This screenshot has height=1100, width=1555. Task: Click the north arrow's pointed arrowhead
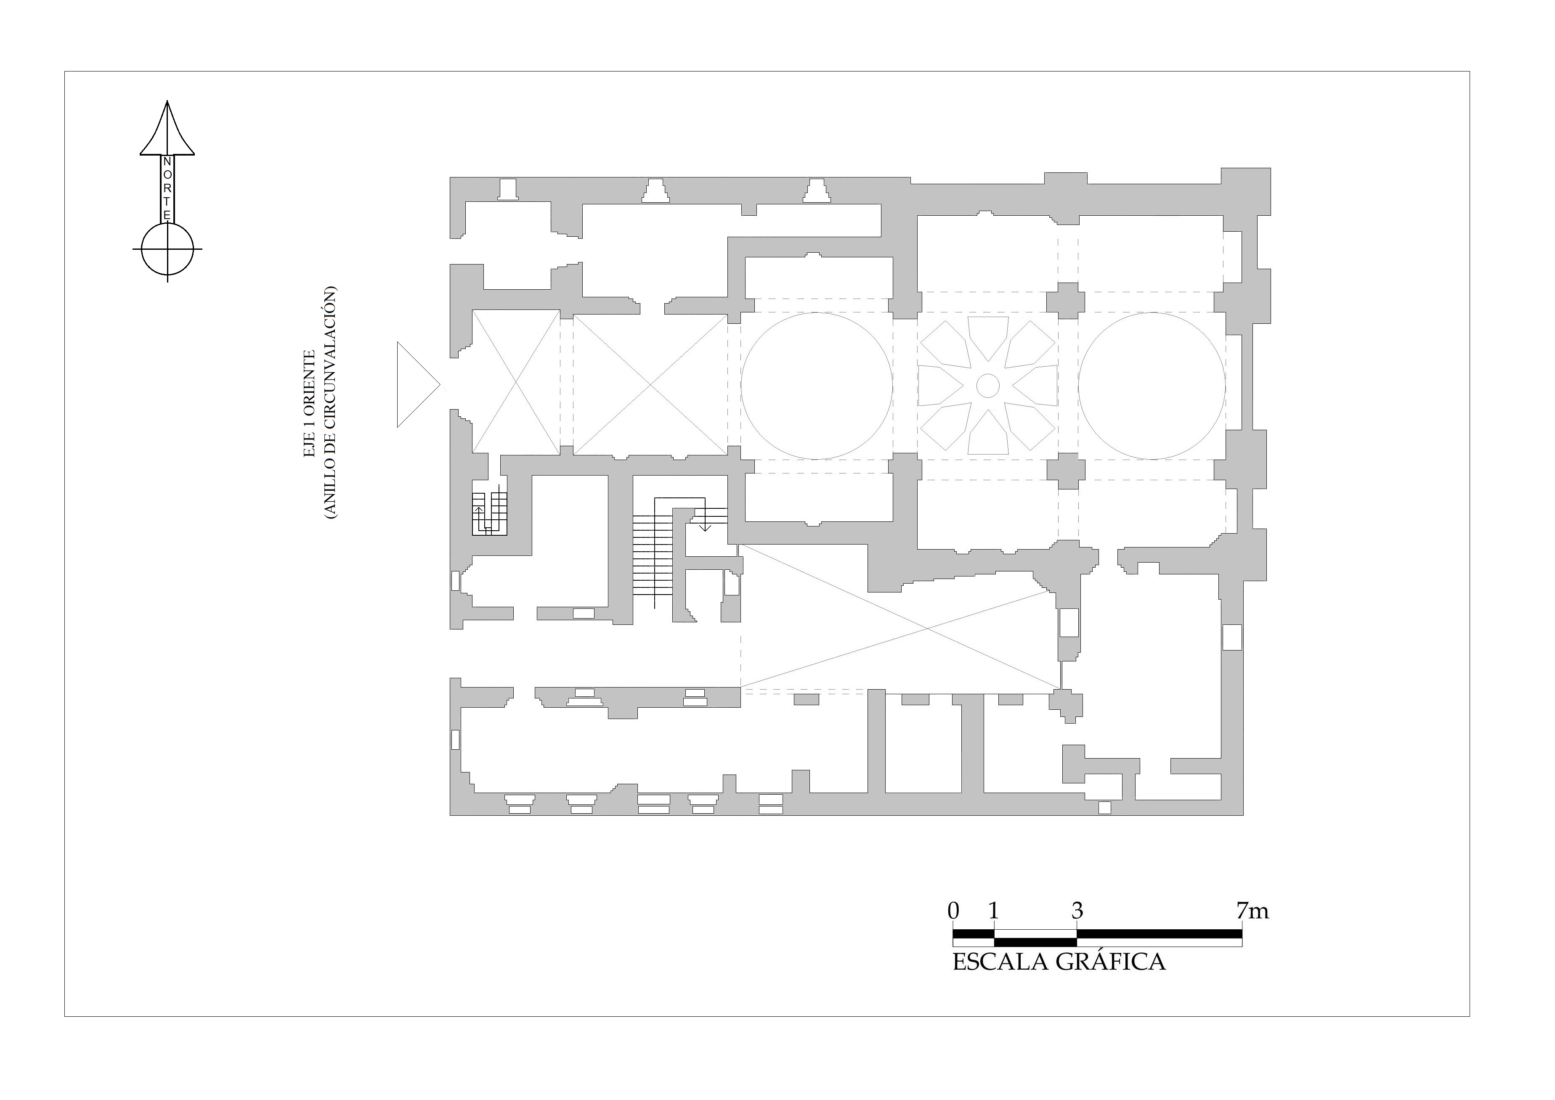167,129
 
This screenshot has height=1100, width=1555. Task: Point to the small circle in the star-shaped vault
987,386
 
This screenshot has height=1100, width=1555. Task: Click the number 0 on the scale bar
953,911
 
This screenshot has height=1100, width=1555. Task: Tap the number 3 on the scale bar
1077,911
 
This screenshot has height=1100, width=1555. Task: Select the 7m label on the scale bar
1252,911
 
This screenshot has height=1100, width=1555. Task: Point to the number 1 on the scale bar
994,911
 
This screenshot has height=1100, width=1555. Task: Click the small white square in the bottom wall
1104,807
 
